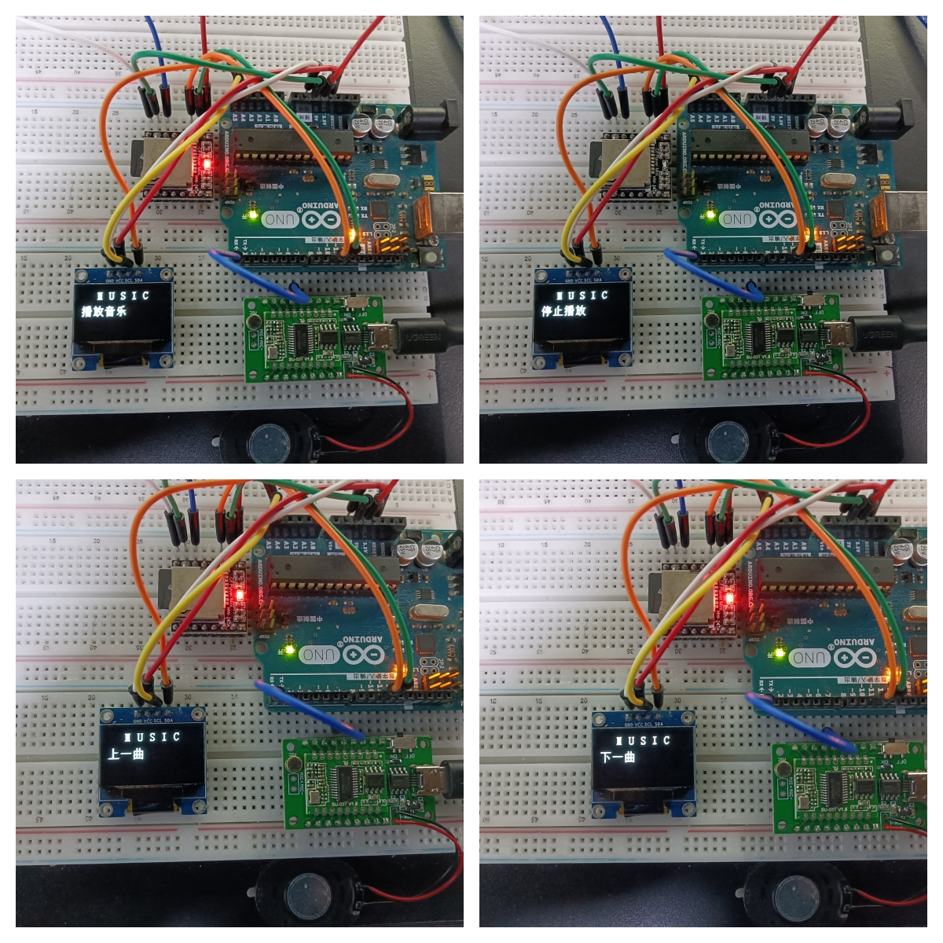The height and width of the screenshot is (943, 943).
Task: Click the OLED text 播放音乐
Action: [104, 311]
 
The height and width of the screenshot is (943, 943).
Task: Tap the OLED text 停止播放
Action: [563, 310]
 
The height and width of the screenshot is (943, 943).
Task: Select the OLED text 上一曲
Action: [127, 754]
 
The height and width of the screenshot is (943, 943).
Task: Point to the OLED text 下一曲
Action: [618, 757]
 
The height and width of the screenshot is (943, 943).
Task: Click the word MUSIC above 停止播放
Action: [582, 295]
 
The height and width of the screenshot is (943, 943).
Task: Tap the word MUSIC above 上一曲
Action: [152, 737]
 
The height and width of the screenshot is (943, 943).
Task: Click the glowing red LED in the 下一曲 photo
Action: [729, 599]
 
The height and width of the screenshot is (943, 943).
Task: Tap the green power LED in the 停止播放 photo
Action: [710, 213]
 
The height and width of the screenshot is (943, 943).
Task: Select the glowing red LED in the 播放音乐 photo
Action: [207, 164]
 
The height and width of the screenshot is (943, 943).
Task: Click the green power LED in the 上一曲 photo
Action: [290, 649]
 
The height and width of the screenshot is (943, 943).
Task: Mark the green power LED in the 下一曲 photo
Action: [780, 651]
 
